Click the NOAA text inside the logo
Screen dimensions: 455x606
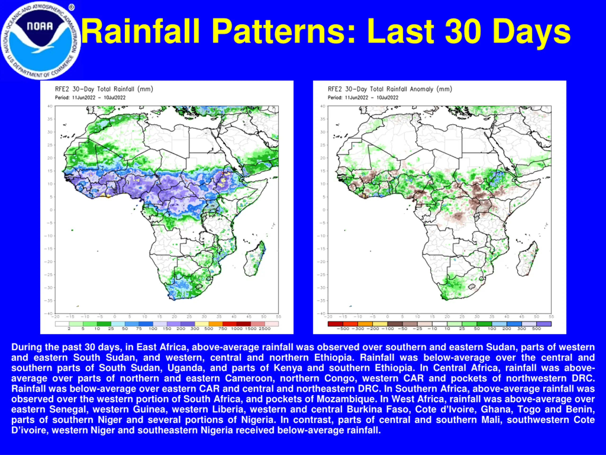point(40,26)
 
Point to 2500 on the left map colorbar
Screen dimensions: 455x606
point(265,328)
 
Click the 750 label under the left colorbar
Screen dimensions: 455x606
point(223,328)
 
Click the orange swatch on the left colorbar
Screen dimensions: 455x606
point(216,324)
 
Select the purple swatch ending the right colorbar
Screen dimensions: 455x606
point(544,324)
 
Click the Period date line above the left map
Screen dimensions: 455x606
point(90,98)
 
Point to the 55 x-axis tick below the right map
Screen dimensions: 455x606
point(551,317)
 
